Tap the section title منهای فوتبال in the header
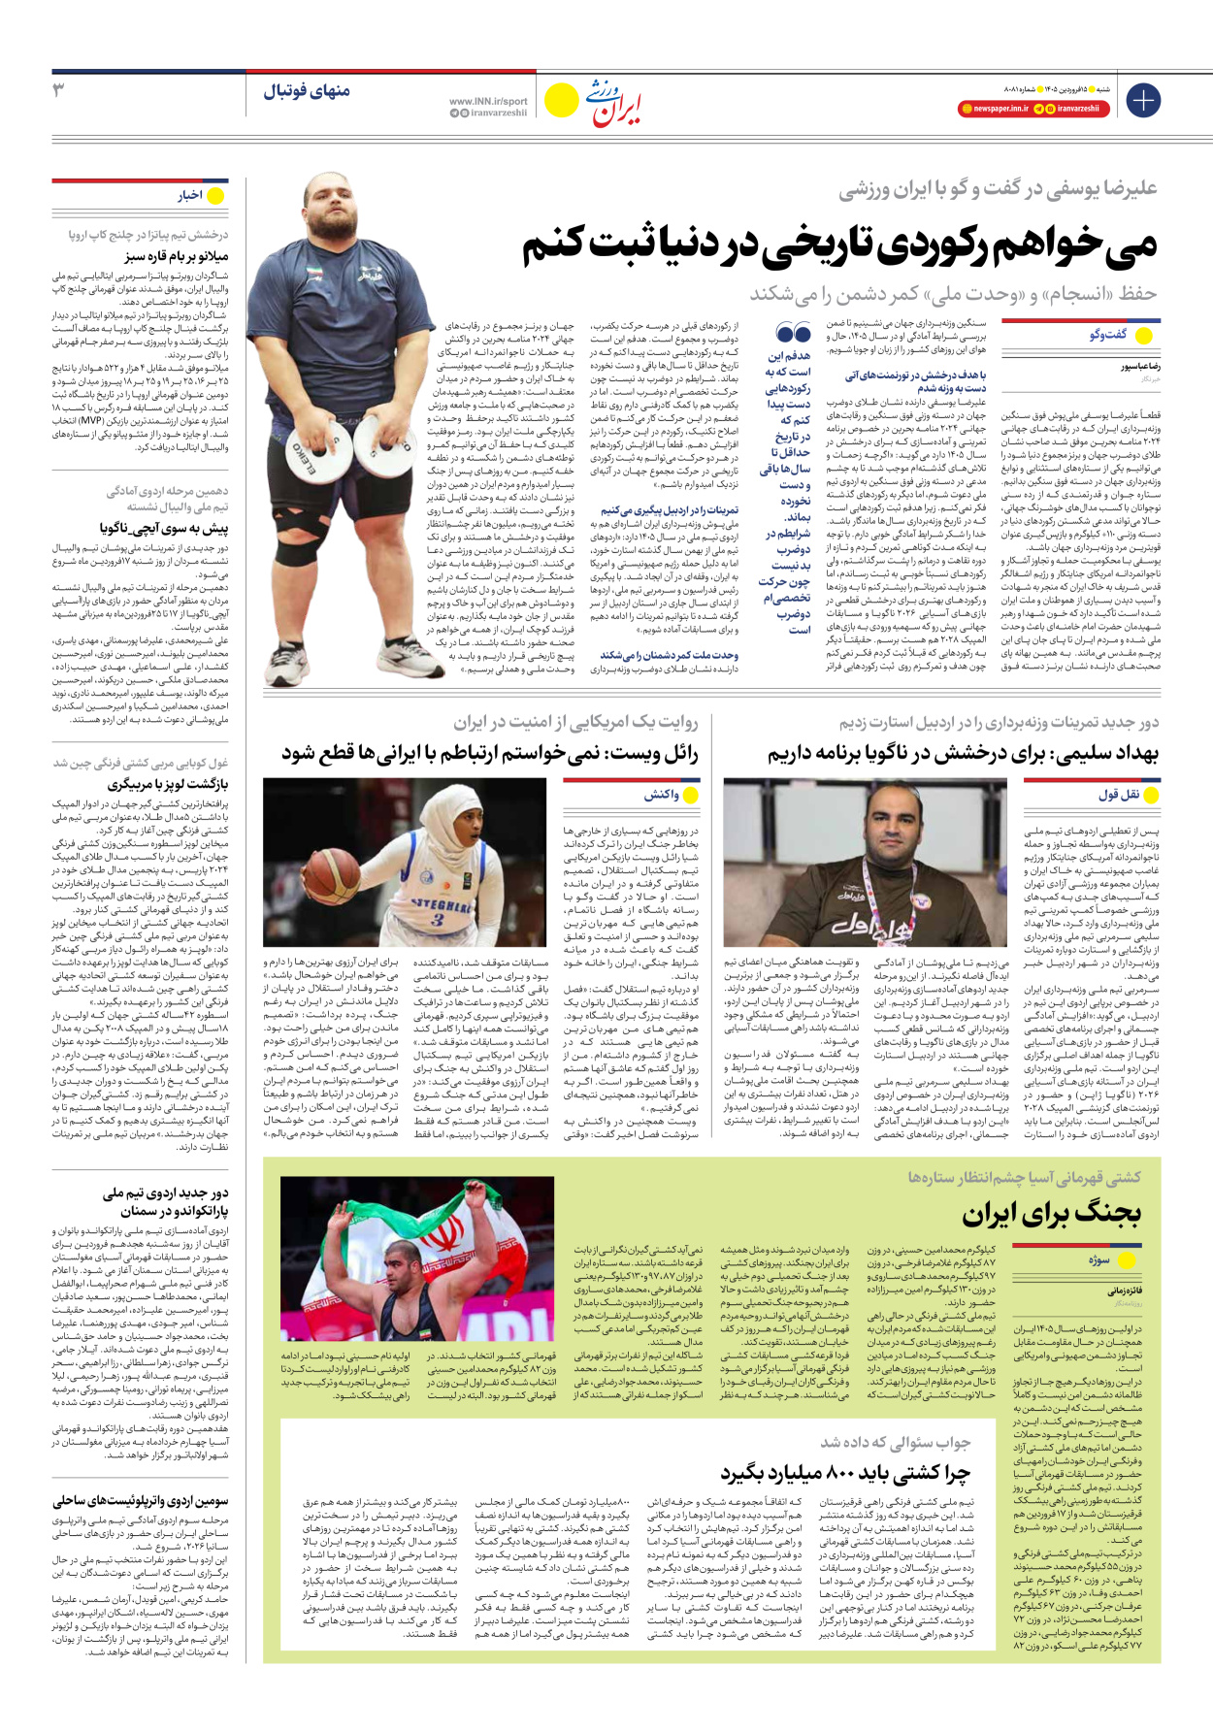307,92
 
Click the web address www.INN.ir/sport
488,101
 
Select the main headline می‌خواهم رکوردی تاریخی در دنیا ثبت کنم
839,245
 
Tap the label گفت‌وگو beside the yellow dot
1108,335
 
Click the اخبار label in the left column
189,196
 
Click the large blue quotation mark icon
794,334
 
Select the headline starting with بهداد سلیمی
963,753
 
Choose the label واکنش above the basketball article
662,796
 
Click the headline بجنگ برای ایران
1051,1213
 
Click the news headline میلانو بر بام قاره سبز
177,256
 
